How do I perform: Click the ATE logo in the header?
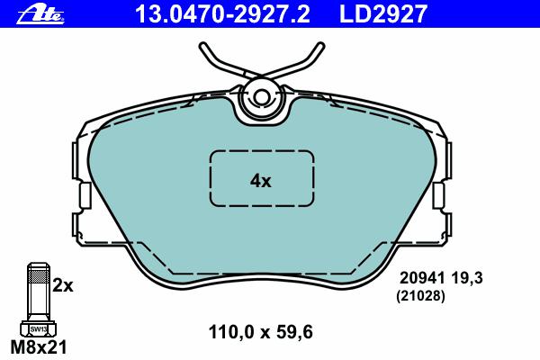point(40,15)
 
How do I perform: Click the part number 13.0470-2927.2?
point(223,14)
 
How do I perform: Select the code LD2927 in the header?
point(383,14)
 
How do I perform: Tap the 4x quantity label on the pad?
point(261,181)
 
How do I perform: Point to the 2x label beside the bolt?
point(63,285)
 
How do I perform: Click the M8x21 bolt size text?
point(39,347)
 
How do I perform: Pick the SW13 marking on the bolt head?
point(38,329)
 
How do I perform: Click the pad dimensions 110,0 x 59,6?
point(261,332)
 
